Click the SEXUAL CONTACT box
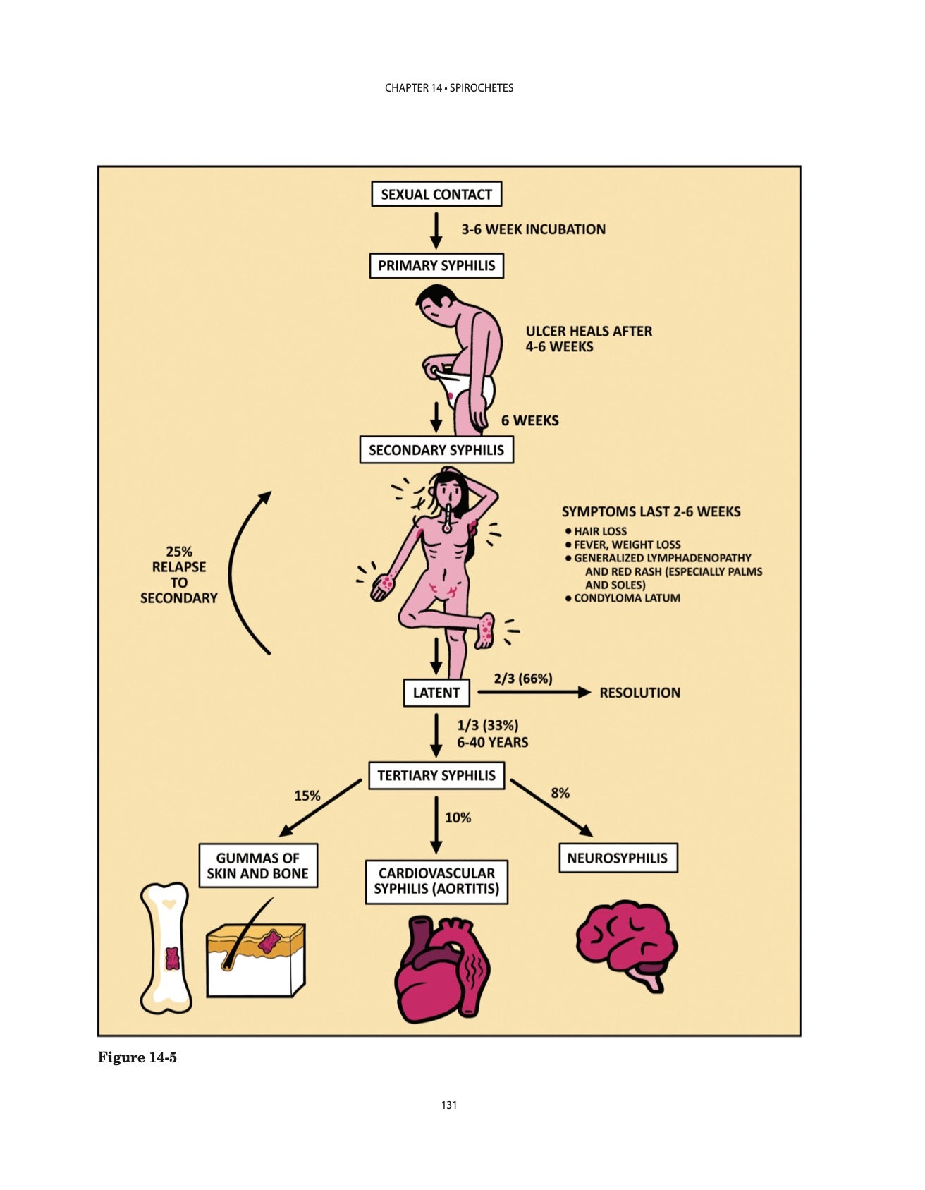click(436, 194)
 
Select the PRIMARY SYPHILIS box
click(436, 266)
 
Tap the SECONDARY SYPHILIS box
click(436, 450)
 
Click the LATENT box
click(436, 693)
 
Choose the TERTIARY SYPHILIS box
click(436, 775)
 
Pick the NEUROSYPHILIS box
click(618, 858)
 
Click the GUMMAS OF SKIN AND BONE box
click(257, 866)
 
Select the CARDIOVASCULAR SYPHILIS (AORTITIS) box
click(436, 881)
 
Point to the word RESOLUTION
click(639, 693)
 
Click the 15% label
click(307, 796)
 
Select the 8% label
click(560, 793)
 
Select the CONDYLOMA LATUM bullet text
click(627, 598)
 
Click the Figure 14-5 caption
click(137, 1057)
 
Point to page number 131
click(449, 1105)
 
